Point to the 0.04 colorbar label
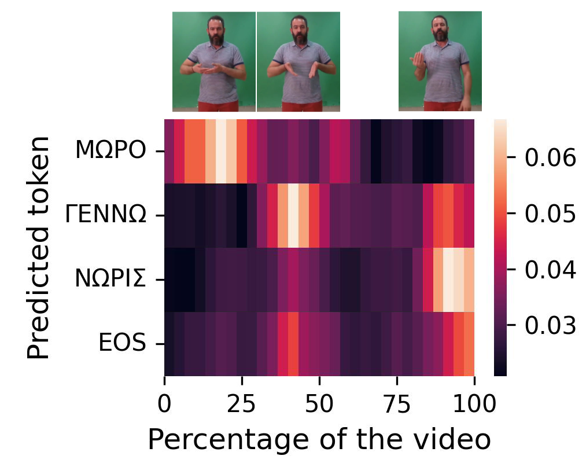(550, 270)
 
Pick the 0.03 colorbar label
(550, 326)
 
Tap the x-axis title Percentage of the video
(319, 440)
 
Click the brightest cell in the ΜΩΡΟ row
(221, 151)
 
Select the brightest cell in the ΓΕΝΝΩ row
(293, 215)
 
